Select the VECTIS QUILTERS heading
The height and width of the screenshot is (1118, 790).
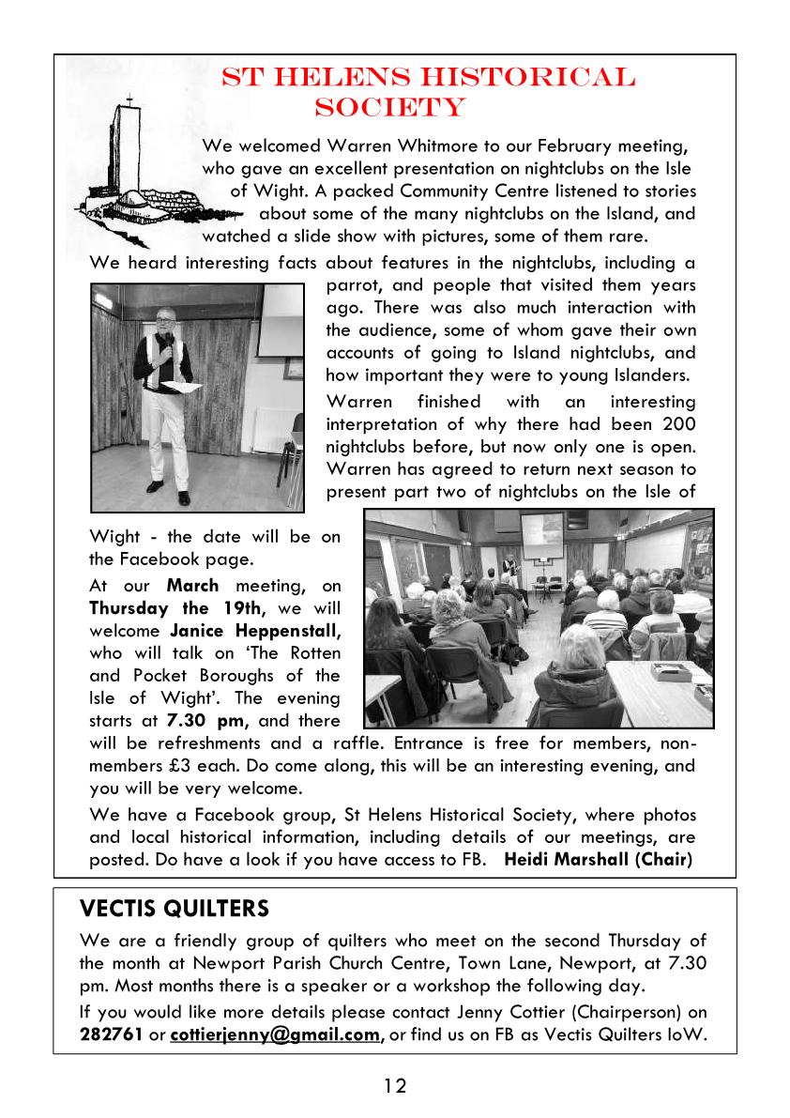(175, 909)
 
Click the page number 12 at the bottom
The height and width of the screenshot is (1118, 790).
(395, 1086)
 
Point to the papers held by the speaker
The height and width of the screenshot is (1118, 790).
(189, 387)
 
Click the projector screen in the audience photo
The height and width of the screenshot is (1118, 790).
(542, 532)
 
